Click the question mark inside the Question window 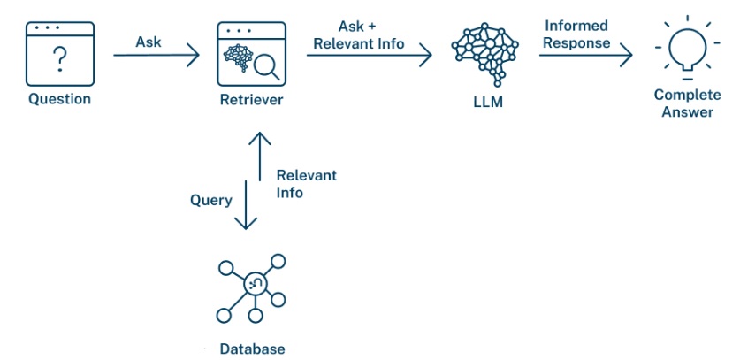(x=59, y=60)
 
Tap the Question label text (x=59, y=99)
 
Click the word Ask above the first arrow (x=149, y=42)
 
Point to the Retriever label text (x=251, y=99)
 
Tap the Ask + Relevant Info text (x=371, y=34)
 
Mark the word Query (x=211, y=200)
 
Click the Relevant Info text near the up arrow (x=306, y=184)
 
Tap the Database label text (x=253, y=349)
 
